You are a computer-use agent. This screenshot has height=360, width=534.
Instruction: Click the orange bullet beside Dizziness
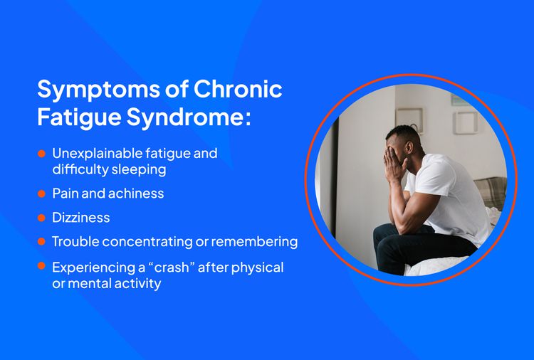coord(41,218)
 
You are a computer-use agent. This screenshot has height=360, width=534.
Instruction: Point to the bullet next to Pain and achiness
coord(41,194)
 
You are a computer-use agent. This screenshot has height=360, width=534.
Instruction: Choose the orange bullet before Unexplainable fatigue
coord(41,154)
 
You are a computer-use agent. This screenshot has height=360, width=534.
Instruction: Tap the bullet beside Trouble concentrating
coord(41,242)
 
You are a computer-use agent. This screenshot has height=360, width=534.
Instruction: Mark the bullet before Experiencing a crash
coord(41,267)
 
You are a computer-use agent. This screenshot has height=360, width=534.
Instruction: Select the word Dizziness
coord(80,218)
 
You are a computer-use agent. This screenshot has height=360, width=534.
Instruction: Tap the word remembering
coord(253,242)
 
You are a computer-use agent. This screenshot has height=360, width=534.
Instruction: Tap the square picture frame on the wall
coord(409,120)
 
